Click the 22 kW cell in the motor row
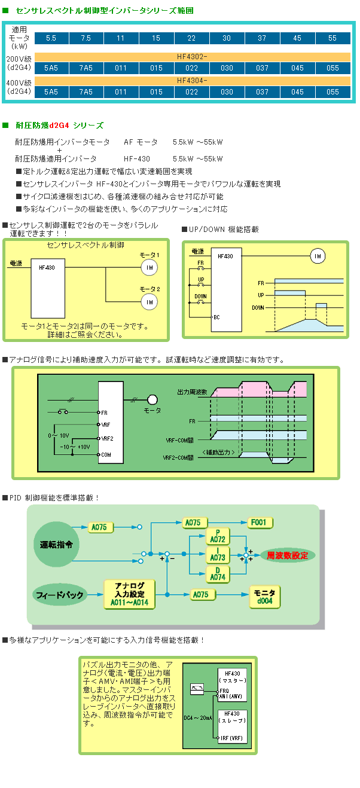coord(191,38)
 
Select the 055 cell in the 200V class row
coord(332,68)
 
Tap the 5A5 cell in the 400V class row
coord(51,92)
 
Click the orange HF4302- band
coord(192,57)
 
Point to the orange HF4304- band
coord(192,81)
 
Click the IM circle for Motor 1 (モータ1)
coord(149,267)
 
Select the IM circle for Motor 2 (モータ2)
coord(149,302)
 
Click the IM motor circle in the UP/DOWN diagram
coord(318,256)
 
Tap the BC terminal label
coord(216,317)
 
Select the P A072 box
coord(218,536)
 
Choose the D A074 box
coord(218,574)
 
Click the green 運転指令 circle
coord(56,545)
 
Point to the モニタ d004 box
coord(264,596)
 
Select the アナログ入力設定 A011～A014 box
coord(129,594)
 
